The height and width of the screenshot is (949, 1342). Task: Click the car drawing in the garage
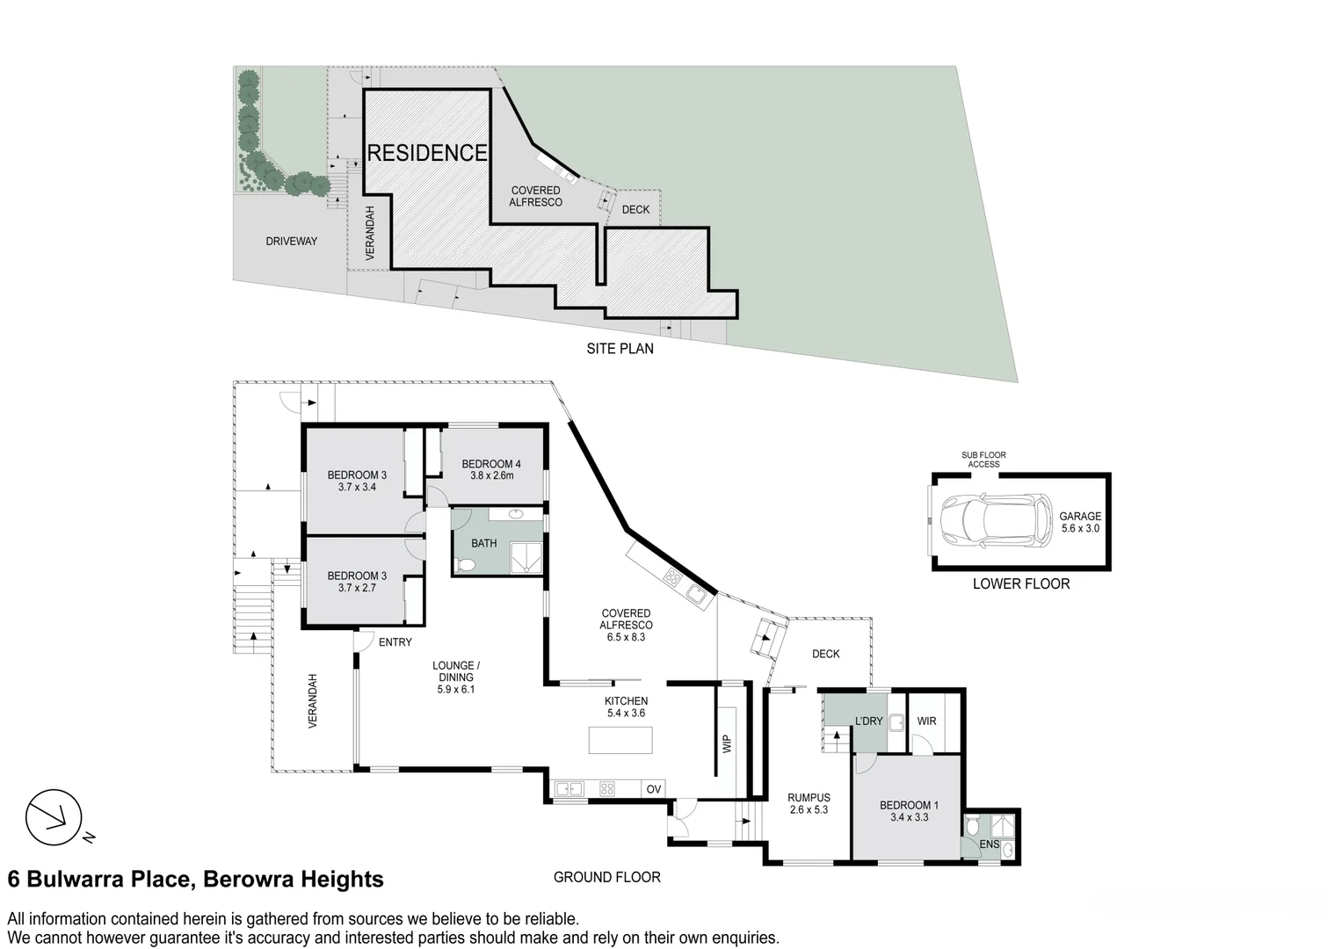[996, 520]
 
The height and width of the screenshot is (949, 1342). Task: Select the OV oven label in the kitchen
[654, 789]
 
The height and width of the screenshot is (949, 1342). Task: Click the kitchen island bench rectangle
[620, 740]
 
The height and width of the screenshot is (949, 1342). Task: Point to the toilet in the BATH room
[466, 564]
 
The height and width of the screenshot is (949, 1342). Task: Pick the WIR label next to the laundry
[926, 721]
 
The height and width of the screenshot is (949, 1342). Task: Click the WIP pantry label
[727, 744]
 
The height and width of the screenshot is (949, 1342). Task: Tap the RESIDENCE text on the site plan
[426, 153]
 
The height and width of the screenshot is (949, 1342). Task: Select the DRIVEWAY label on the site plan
[291, 241]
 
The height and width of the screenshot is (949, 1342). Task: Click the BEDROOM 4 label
[491, 464]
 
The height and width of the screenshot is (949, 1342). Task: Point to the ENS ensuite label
[989, 844]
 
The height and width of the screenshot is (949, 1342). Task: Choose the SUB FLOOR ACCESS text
[983, 460]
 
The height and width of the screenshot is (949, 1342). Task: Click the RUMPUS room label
[809, 798]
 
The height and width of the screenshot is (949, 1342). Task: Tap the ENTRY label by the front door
[395, 642]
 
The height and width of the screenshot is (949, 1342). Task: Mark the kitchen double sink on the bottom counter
[569, 789]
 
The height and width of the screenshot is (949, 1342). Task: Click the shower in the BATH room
[526, 558]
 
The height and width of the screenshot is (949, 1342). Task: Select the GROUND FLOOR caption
[607, 877]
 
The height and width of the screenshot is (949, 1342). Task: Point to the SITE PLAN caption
[620, 348]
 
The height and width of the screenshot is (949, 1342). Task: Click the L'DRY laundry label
[868, 721]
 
